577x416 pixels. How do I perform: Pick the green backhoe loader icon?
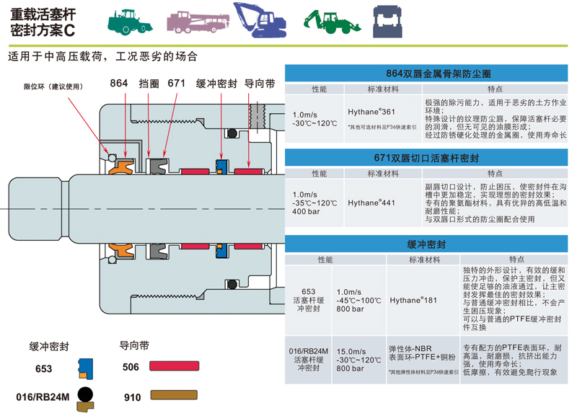330,22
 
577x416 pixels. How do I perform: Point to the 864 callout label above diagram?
120,84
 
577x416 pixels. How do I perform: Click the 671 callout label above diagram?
177,84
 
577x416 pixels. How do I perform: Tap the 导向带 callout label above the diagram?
260,84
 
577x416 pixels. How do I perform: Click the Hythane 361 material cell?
371,112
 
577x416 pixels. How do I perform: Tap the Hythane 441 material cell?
371,203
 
